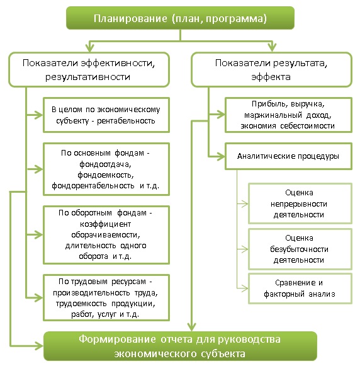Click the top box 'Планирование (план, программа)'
coord(180,18)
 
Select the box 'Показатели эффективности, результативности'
coord(89,69)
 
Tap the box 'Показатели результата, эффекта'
coord(271,69)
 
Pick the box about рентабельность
coord(106,115)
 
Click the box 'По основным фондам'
coord(106,169)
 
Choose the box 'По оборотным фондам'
coord(106,234)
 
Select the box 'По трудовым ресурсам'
coord(106,297)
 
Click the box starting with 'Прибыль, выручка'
coord(288,115)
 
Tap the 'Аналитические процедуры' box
coord(288,156)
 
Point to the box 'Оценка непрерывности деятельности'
coord(300,203)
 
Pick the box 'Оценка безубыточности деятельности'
coord(300,249)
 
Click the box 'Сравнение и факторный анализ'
coord(300,289)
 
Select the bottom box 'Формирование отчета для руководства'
coord(180,346)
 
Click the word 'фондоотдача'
coord(105,164)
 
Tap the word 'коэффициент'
coord(105,224)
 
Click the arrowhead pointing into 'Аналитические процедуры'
coord(221,156)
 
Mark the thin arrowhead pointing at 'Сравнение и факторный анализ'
coord(245,289)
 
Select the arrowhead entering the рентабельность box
coord(39,115)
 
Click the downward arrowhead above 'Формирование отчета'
coord(192,327)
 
